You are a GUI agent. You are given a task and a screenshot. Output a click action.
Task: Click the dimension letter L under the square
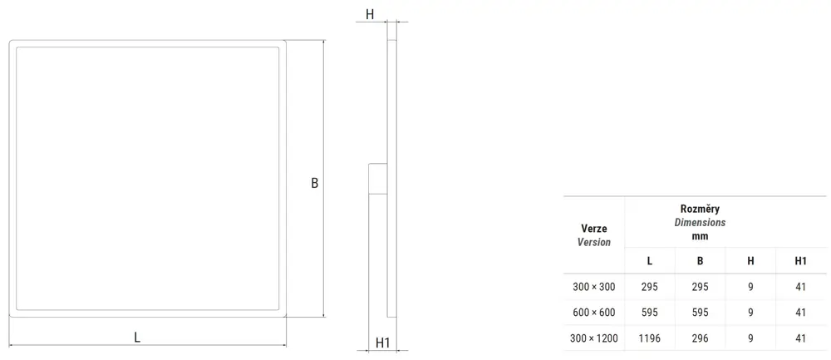point(137,338)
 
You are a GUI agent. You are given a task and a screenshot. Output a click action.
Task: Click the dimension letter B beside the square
point(314,183)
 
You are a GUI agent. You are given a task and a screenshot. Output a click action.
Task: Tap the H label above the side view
point(370,14)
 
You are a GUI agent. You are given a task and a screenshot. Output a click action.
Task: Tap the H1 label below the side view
point(382,343)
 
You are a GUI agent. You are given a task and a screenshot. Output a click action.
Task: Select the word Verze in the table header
point(594,229)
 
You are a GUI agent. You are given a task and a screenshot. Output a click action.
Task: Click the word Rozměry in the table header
point(700,209)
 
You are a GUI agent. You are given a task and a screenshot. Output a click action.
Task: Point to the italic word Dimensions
point(700,223)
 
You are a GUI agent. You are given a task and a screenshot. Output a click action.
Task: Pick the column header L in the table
point(650,261)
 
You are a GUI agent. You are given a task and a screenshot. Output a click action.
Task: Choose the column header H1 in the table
point(800,261)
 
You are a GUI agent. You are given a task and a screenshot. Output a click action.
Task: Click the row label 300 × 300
point(594,287)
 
